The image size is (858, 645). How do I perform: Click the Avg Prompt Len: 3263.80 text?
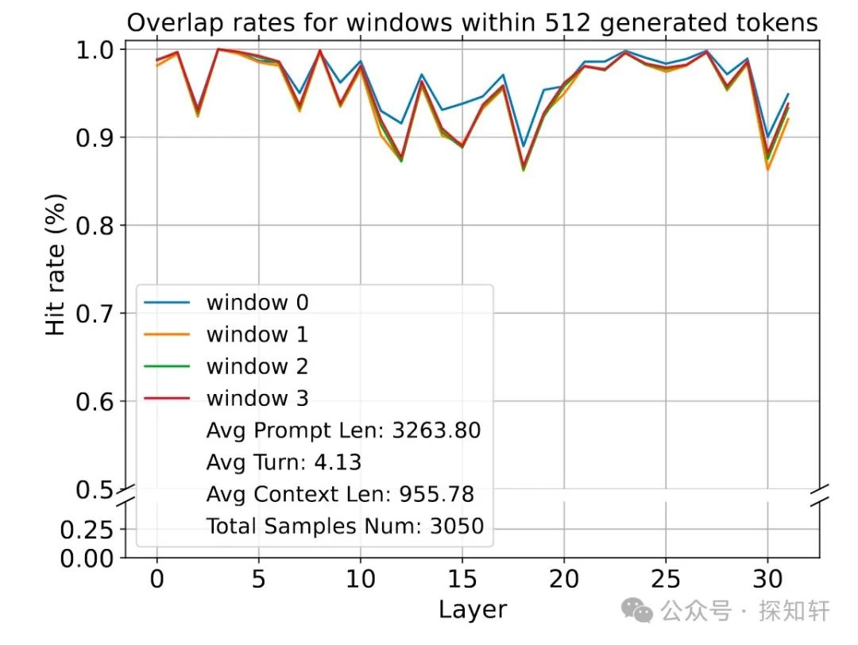[x=343, y=431]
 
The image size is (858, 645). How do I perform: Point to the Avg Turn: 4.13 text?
[x=284, y=462]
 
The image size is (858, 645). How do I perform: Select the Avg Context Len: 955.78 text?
[x=340, y=494]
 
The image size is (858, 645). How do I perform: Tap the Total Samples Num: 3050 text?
[x=345, y=526]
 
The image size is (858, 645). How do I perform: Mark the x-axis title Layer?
[x=472, y=609]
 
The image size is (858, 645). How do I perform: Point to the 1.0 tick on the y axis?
[x=95, y=49]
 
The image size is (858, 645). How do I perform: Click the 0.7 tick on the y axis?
[x=95, y=313]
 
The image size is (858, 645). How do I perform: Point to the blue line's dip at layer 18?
[x=523, y=147]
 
